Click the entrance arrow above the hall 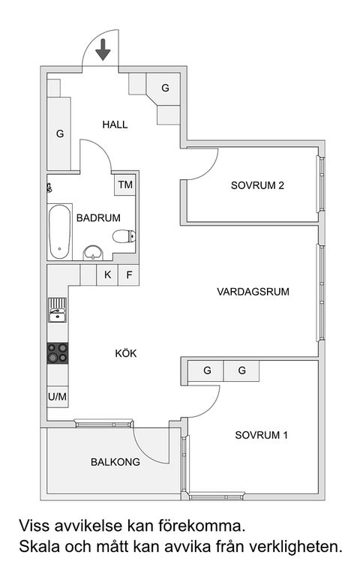point(103,49)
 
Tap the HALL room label point(115,124)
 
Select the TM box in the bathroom point(125,184)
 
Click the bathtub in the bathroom point(58,229)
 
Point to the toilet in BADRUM point(123,237)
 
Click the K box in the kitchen point(108,274)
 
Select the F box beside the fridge point(129,274)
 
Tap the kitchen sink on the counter point(57,310)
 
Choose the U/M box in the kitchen point(57,396)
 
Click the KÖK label point(125,353)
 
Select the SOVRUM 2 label point(257,187)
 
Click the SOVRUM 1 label point(261,435)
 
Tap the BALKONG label point(115,462)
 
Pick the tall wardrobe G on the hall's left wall point(59,134)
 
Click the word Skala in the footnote point(38,547)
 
